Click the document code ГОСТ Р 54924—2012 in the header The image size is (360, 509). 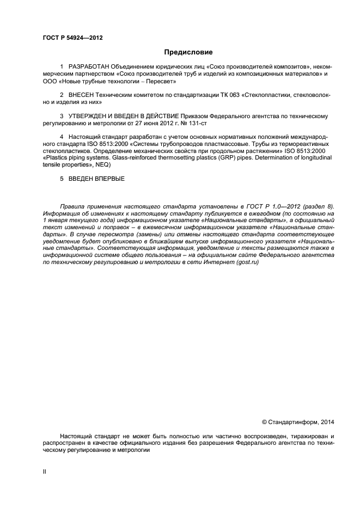(72, 38)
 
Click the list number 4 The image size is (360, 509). (62, 137)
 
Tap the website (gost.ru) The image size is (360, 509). (247, 262)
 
